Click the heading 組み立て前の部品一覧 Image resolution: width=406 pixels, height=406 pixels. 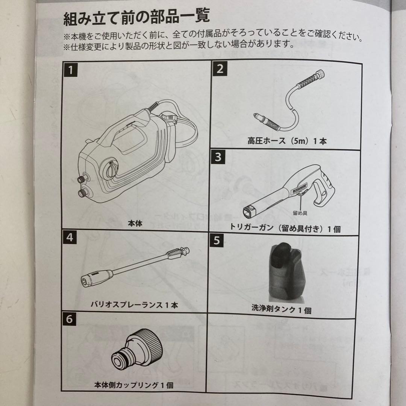click(136, 18)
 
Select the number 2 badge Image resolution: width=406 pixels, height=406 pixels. click(220, 68)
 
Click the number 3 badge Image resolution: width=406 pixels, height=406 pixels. click(218, 156)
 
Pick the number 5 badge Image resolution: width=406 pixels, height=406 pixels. click(217, 241)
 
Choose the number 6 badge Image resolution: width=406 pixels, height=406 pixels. click(69, 319)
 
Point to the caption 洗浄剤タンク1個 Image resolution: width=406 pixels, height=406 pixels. click(281, 310)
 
